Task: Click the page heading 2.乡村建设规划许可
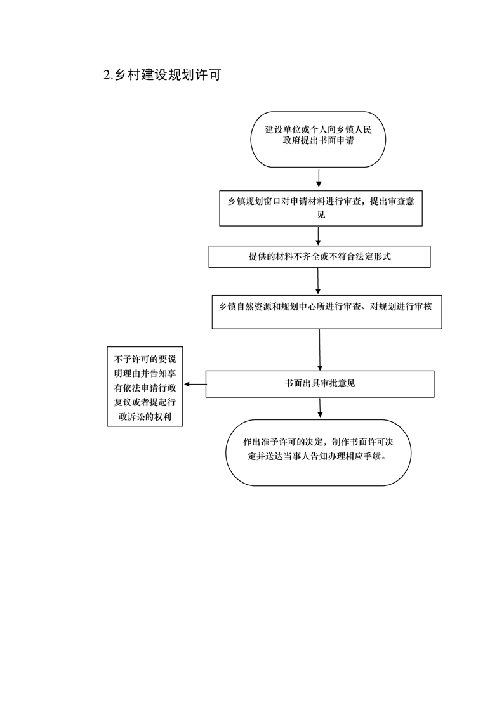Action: (162, 75)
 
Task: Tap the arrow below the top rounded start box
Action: (319, 178)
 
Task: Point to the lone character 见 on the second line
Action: (321, 214)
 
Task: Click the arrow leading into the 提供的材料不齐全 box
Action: (318, 236)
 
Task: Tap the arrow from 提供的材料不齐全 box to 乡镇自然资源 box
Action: (318, 281)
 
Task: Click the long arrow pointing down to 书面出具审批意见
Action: (320, 350)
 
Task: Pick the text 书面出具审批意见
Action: (320, 384)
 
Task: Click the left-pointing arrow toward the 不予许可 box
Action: (195, 385)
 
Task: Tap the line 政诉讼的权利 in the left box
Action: (145, 417)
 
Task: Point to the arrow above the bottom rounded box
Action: (320, 408)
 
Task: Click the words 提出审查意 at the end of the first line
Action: (392, 202)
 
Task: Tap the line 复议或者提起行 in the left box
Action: (145, 402)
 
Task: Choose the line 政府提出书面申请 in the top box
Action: (318, 140)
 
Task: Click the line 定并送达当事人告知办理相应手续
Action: (318, 456)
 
